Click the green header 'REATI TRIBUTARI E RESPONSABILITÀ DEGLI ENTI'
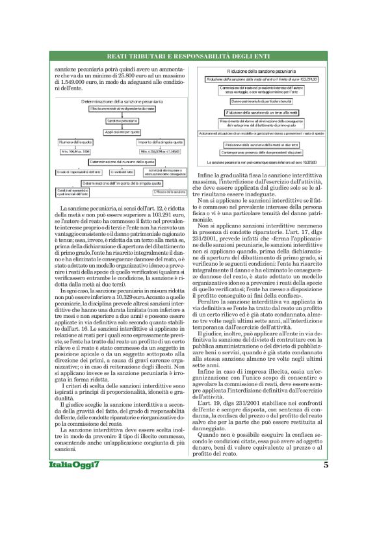188,58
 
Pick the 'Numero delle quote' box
76,142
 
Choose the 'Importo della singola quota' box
161,142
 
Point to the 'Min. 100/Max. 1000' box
76,151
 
